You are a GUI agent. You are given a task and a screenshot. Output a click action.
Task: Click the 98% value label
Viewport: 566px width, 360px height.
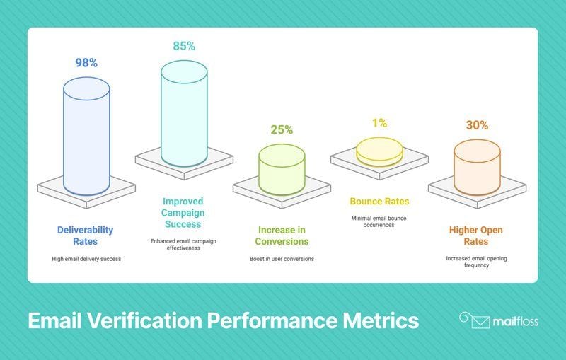tap(86, 63)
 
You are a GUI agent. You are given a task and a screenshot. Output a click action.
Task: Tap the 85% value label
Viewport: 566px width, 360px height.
tap(184, 46)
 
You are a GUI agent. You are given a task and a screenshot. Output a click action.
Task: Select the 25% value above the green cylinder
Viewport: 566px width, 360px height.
tap(282, 130)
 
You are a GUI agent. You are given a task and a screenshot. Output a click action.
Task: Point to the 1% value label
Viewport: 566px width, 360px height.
tap(380, 123)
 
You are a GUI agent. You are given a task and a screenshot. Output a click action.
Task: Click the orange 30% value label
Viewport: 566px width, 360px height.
tap(477, 125)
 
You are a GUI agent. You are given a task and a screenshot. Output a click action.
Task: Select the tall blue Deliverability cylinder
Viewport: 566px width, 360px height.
tap(86, 137)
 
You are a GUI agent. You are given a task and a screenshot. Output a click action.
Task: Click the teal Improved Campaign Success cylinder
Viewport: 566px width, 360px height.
tap(184, 113)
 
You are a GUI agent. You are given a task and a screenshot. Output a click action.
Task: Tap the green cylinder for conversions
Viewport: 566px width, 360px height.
tap(282, 169)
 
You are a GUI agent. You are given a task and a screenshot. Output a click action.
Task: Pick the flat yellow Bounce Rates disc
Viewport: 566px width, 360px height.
tap(379, 151)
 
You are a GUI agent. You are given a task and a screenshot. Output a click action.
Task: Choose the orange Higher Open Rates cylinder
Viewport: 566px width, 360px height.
tap(477, 168)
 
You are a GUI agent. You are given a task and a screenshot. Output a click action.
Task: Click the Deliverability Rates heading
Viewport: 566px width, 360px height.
tap(85, 236)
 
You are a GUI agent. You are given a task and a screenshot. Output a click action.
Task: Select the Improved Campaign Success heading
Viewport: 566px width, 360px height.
tap(183, 213)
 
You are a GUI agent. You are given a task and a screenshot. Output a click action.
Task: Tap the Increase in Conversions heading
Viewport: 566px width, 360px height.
tap(282, 236)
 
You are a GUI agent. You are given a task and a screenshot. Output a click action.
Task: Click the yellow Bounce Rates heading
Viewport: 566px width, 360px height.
tap(379, 202)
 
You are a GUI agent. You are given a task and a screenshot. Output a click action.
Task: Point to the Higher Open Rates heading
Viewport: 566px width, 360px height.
tap(475, 236)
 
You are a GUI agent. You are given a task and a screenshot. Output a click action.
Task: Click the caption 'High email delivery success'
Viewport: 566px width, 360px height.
tap(86, 259)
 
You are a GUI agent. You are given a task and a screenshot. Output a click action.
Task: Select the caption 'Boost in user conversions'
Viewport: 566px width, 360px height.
tap(282, 259)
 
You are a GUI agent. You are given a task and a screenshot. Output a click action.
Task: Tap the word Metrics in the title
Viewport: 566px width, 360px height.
tap(381, 320)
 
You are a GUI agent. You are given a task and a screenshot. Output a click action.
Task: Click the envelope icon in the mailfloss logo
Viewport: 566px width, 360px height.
tap(480, 322)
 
